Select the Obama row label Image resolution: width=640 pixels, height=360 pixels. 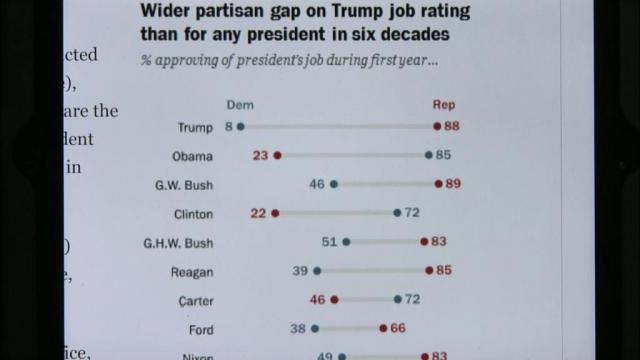(x=191, y=156)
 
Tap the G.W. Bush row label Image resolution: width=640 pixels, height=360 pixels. (x=184, y=185)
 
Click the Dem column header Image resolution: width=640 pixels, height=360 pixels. (x=240, y=105)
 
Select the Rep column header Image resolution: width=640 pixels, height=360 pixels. (x=443, y=105)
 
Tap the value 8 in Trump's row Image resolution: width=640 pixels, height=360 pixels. (x=229, y=127)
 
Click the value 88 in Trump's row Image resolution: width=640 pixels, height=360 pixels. (x=453, y=127)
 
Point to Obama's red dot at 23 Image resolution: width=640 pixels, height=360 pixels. (x=278, y=156)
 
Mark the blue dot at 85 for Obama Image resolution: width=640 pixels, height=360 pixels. (x=429, y=156)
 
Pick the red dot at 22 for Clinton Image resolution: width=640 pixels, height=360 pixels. (x=275, y=213)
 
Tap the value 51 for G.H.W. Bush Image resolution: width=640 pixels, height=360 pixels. (x=329, y=242)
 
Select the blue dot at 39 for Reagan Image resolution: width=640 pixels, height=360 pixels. (x=317, y=271)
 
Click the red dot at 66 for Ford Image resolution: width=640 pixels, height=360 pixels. (x=384, y=328)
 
